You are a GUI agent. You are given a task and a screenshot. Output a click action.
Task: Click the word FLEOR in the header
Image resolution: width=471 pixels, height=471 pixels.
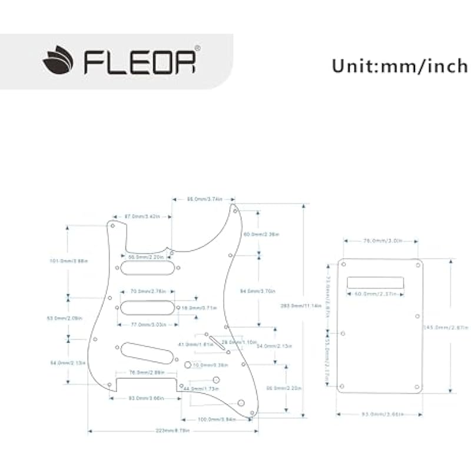click(140, 61)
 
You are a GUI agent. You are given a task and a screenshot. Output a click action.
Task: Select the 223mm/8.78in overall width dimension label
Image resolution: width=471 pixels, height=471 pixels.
click(173, 431)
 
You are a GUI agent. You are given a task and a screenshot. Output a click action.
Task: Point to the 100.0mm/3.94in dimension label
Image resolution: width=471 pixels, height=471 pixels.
click(217, 419)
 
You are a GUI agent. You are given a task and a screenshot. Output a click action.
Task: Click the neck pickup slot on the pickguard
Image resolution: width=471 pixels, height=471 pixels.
click(148, 267)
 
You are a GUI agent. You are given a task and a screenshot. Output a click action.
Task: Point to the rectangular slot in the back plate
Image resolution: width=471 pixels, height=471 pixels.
click(375, 283)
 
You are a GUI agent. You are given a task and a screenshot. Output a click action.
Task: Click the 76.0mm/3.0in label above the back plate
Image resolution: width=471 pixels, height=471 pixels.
click(381, 241)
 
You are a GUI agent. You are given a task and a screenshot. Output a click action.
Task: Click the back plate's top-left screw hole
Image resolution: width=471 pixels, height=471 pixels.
click(343, 264)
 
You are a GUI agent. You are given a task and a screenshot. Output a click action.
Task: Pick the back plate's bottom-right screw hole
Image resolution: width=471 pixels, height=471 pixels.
click(417, 387)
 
